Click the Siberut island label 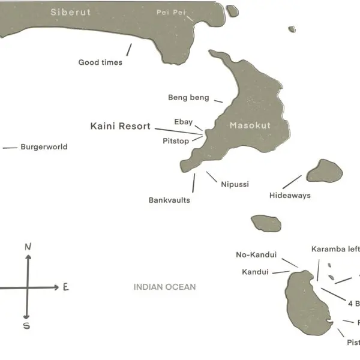(71, 12)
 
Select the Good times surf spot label (100, 62)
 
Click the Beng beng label (188, 98)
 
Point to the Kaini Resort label (120, 126)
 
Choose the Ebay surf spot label (183, 122)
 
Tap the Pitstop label (176, 141)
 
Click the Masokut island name (250, 126)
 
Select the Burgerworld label (44, 147)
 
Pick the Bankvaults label (169, 200)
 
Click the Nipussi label (235, 184)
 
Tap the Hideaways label (290, 196)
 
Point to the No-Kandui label (256, 255)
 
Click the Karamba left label (335, 249)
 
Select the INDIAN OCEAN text (164, 287)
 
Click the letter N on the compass (28, 247)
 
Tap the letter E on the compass (65, 287)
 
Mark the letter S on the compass (26, 326)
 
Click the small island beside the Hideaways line (325, 171)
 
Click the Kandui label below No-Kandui (255, 272)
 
